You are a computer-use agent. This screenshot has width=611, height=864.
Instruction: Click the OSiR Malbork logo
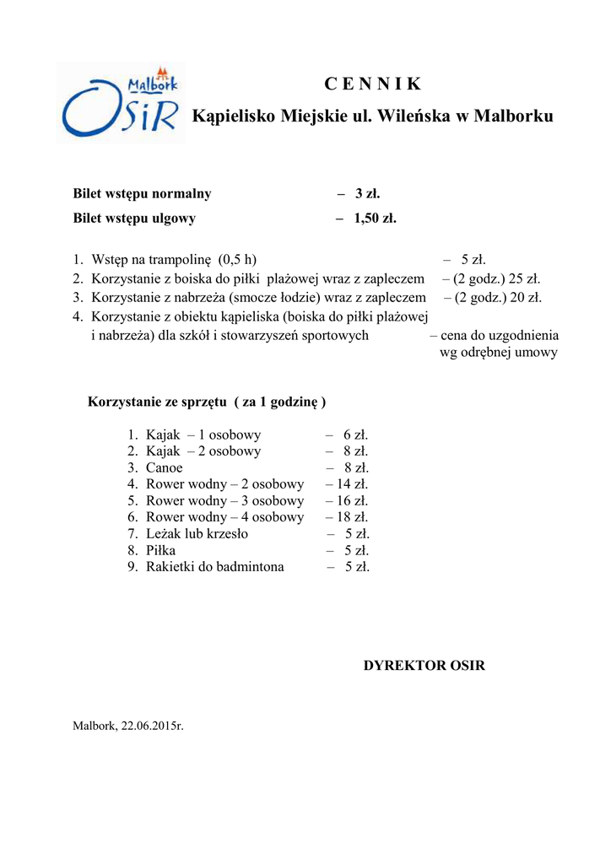[121, 102]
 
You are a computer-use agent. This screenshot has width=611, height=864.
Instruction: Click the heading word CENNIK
[372, 84]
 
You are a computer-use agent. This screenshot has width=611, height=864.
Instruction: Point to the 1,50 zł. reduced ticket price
[376, 219]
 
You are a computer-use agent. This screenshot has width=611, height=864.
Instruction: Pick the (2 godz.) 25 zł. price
[497, 278]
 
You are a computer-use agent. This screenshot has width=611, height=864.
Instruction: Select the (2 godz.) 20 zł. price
[498, 296]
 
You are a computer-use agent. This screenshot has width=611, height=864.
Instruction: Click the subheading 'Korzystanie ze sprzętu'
[157, 402]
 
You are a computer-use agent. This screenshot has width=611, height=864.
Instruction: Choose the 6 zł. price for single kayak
[355, 435]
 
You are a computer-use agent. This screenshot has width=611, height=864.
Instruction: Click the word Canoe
[164, 467]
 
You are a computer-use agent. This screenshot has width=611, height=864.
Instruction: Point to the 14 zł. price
[352, 484]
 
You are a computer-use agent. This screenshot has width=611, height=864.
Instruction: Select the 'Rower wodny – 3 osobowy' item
[224, 500]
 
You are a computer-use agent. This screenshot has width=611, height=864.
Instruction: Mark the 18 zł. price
[352, 517]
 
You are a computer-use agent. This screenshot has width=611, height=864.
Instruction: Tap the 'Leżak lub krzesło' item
[197, 533]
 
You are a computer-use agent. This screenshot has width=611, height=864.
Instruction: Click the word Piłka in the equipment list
[161, 550]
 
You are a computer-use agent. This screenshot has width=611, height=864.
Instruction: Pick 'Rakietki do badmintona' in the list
[215, 567]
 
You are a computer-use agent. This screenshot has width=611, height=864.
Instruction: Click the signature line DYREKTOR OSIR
[424, 666]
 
